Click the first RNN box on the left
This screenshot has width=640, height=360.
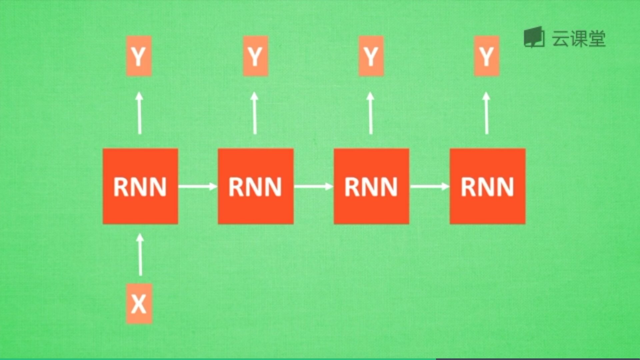coord(140,186)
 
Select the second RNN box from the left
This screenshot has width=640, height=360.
coord(256,186)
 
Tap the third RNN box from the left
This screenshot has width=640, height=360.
coord(371,186)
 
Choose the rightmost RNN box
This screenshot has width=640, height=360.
coord(487,186)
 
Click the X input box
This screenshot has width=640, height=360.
coord(139,303)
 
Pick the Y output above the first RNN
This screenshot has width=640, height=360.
coord(139,56)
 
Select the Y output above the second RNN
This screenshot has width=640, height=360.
coord(255,56)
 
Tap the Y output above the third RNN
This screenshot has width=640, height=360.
coord(371,56)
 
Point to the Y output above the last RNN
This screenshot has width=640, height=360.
coord(487,56)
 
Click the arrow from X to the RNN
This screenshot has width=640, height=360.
coord(140,255)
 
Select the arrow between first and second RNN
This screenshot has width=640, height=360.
coord(198,186)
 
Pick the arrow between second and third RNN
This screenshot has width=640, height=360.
coord(313,186)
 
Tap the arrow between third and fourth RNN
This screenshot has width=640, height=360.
coord(429,186)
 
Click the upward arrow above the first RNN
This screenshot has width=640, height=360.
coord(139,113)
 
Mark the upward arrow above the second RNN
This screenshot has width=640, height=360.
coord(255,113)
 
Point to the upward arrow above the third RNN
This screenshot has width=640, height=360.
coord(370,113)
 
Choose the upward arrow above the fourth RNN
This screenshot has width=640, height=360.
coord(486,113)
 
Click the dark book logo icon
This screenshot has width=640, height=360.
coord(534,37)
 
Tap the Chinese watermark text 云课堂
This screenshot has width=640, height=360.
coord(579,39)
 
